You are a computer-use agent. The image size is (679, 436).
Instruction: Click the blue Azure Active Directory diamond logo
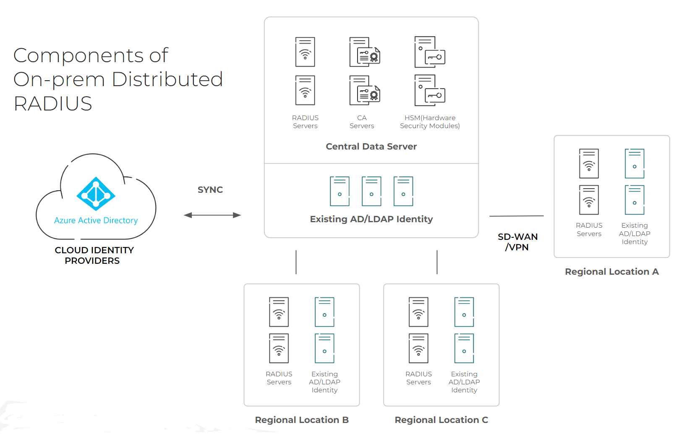pos(96,194)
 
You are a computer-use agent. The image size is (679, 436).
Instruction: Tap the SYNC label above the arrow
pos(210,190)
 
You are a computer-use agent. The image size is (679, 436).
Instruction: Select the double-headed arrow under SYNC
pos(212,215)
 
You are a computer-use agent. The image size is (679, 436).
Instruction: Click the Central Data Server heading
pos(371,147)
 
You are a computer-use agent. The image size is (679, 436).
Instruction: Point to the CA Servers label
pos(362,122)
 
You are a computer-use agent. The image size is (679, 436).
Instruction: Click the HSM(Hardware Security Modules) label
pos(430,122)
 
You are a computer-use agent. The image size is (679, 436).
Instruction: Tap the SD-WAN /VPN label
pos(517,242)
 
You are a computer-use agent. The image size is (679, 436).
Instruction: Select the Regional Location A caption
pos(611,272)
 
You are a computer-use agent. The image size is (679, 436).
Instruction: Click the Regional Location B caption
pos(302,420)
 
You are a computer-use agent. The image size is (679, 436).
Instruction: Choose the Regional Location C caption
pos(441,420)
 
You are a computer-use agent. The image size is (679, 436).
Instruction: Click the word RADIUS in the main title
pos(53,104)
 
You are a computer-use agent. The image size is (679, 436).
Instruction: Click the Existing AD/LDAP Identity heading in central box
pos(371,219)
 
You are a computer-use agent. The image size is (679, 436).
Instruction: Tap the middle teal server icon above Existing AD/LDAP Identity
pos(371,191)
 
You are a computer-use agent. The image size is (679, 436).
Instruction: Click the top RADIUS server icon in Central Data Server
pos(305,52)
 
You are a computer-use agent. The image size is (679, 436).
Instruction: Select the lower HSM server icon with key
pos(429,91)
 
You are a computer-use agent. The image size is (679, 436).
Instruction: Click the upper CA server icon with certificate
pos(364,52)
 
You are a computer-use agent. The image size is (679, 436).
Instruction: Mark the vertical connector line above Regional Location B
pos(296,262)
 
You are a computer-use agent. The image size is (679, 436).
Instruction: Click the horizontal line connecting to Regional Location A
pos(516,216)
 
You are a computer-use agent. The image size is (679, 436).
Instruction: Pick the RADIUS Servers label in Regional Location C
pos(418,378)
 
